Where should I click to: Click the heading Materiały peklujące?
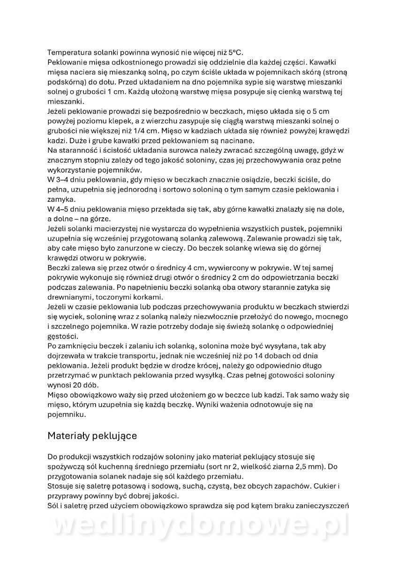pos(92,436)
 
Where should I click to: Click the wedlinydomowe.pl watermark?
pos(199,527)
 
